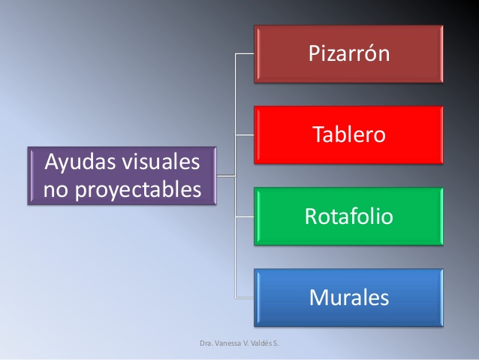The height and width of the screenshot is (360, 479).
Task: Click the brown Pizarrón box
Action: pyautogui.click(x=348, y=54)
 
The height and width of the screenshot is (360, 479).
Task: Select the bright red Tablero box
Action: pyautogui.click(x=348, y=135)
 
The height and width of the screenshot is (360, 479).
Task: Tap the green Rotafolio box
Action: pyautogui.click(x=348, y=216)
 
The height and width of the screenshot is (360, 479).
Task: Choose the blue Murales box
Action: pyautogui.click(x=348, y=298)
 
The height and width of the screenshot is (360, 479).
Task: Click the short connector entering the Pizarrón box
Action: pyautogui.click(x=245, y=54)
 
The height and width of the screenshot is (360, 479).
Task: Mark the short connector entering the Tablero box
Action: pyautogui.click(x=245, y=135)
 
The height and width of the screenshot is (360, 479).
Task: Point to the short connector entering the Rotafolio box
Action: pyautogui.click(x=245, y=216)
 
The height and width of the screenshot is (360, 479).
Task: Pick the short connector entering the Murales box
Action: pyautogui.click(x=245, y=298)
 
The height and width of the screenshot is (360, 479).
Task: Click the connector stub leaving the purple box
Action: pyautogui.click(x=226, y=176)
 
